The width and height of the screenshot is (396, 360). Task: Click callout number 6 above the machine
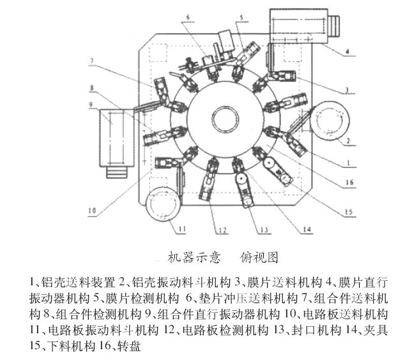point(188,18)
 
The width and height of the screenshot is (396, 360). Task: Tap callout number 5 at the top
point(241,17)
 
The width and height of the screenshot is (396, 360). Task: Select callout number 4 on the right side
point(347,52)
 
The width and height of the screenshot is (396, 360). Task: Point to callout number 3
point(347,90)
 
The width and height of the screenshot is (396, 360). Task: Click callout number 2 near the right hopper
point(348,141)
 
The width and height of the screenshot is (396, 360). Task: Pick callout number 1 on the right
point(348,163)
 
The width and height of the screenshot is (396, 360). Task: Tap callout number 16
point(349,183)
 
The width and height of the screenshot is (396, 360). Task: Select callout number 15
point(349,212)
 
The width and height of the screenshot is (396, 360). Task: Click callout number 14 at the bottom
point(307,230)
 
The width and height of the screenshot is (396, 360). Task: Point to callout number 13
point(264,230)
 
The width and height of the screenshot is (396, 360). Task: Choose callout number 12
point(223,230)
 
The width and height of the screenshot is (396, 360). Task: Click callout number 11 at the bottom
point(182,229)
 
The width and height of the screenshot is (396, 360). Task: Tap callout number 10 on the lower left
point(92,210)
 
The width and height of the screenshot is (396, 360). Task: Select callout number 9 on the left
point(91,104)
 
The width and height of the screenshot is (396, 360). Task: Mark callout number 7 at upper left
point(92,61)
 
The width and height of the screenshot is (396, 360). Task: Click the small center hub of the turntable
point(225,119)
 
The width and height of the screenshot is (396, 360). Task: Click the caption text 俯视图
point(259,257)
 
